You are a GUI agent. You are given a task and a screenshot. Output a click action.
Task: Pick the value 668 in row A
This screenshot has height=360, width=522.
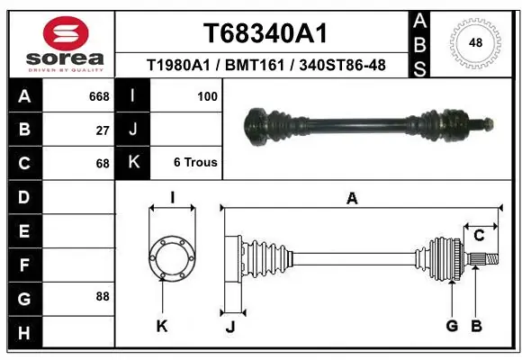(x=99, y=95)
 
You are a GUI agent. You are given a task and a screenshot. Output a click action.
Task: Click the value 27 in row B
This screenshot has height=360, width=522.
(x=103, y=130)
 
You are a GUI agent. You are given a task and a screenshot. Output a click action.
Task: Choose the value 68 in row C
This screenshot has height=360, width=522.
(x=103, y=164)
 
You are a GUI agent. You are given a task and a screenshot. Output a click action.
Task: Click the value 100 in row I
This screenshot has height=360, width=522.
(x=206, y=95)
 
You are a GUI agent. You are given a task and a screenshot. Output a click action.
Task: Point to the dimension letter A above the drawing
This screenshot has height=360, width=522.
(x=352, y=199)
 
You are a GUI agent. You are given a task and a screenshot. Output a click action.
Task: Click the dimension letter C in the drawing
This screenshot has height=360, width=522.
(x=480, y=235)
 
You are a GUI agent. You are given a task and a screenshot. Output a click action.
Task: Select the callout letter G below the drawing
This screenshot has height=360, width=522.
(x=452, y=326)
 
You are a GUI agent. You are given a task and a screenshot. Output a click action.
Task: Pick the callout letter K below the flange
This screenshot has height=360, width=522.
(x=162, y=326)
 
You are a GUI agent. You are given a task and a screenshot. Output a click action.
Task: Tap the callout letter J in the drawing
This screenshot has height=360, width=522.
(x=229, y=326)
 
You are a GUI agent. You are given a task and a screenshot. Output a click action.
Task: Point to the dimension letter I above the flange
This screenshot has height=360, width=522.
(x=171, y=197)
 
